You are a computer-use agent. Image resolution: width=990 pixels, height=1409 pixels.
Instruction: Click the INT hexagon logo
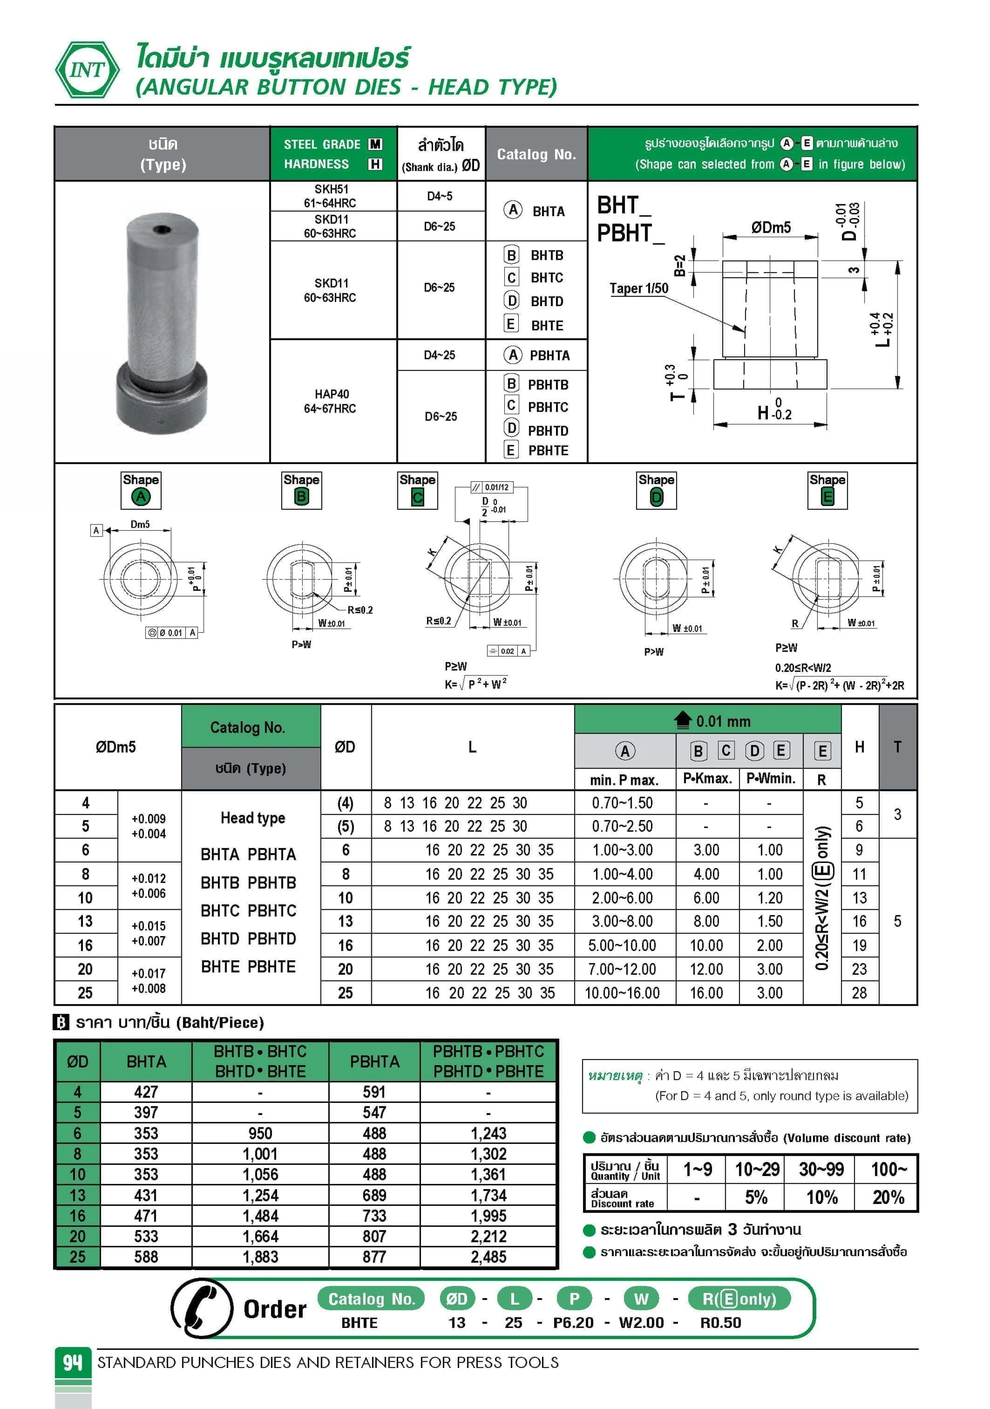pyautogui.click(x=87, y=70)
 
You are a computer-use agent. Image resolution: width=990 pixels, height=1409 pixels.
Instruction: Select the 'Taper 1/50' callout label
pyautogui.click(x=638, y=288)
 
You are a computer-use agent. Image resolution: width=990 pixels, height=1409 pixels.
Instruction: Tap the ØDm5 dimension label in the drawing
pyautogui.click(x=771, y=228)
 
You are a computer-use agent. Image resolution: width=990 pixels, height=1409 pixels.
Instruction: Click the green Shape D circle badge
pyautogui.click(x=656, y=497)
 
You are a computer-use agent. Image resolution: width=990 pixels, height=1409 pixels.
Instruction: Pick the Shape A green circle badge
pyautogui.click(x=141, y=497)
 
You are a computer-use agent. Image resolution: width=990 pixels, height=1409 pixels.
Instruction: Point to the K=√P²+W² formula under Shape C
pyautogui.click(x=475, y=684)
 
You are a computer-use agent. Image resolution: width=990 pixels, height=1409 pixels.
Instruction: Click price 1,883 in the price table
pyautogui.click(x=260, y=1257)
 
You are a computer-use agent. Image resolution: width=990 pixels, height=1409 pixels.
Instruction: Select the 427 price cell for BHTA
pyautogui.click(x=146, y=1092)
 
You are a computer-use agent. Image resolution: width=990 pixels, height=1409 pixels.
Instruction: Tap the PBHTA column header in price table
pyautogui.click(x=374, y=1062)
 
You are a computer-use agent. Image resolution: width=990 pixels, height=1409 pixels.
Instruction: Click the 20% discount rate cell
pyautogui.click(x=888, y=1197)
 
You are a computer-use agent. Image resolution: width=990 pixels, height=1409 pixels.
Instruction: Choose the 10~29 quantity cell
pyautogui.click(x=757, y=1170)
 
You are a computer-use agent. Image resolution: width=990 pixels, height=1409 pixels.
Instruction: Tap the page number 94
pyautogui.click(x=72, y=1362)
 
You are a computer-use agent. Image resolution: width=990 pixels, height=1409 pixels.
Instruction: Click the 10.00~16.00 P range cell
pyautogui.click(x=622, y=993)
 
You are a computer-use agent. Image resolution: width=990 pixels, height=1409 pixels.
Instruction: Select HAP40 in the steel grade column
pyautogui.click(x=331, y=394)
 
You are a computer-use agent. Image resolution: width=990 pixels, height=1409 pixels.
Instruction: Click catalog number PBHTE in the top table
pyautogui.click(x=548, y=451)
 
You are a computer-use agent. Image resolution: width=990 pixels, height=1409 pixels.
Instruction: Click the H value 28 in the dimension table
pyautogui.click(x=859, y=993)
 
